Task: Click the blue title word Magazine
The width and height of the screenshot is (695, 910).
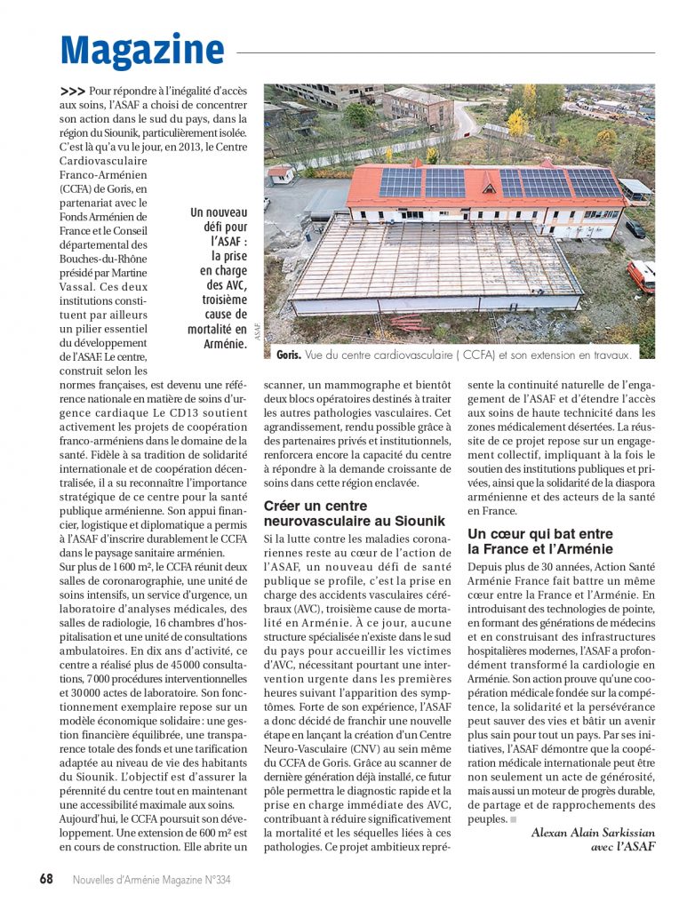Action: tap(142, 51)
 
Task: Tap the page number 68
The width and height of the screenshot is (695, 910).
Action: tap(46, 879)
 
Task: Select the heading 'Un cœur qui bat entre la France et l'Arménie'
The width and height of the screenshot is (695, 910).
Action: tap(540, 541)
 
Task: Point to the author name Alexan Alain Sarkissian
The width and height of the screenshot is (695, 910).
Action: tap(593, 832)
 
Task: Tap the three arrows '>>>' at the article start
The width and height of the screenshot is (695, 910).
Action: tap(73, 91)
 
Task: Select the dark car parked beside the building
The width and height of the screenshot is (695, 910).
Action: tap(635, 228)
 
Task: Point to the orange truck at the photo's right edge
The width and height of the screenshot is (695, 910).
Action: tap(642, 275)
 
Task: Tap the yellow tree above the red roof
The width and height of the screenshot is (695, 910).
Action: tap(517, 122)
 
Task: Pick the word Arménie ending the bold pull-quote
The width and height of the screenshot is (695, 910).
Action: tap(225, 344)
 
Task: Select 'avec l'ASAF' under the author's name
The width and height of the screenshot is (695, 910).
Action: tap(623, 846)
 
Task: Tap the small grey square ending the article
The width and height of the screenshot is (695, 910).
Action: tap(514, 818)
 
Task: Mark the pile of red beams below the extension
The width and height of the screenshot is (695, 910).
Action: tap(406, 322)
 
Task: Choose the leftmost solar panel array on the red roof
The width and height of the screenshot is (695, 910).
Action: tap(401, 182)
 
